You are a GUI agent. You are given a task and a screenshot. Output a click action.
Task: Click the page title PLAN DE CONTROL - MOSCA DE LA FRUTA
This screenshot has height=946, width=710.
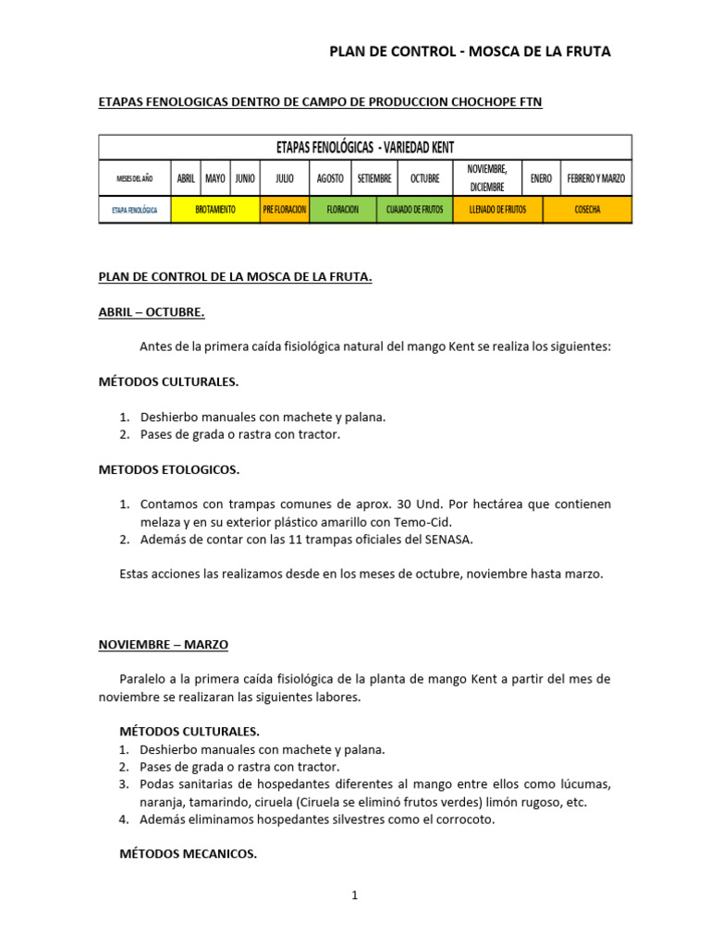pyautogui.click(x=470, y=52)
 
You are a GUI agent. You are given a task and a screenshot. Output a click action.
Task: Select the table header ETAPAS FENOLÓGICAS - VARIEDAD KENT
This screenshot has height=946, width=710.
pyautogui.click(x=364, y=147)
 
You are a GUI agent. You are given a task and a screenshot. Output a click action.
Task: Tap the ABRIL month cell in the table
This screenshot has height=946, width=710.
pyautogui.click(x=186, y=178)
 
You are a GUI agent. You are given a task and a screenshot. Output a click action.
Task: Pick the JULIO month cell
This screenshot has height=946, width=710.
pyautogui.click(x=284, y=178)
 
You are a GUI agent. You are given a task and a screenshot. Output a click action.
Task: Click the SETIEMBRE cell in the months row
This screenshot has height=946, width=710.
pyautogui.click(x=374, y=178)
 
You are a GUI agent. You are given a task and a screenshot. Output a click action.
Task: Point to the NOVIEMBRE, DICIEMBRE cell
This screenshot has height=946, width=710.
pyautogui.click(x=487, y=177)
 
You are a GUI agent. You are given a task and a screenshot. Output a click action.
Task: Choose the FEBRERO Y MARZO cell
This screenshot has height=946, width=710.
pyautogui.click(x=595, y=178)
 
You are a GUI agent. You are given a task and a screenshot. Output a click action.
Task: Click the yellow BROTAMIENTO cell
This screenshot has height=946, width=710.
pyautogui.click(x=215, y=210)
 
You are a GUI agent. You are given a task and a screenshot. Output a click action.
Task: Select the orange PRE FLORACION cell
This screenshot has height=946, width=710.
pyautogui.click(x=284, y=210)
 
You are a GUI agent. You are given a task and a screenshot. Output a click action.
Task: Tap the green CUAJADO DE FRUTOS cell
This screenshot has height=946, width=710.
pyautogui.click(x=414, y=210)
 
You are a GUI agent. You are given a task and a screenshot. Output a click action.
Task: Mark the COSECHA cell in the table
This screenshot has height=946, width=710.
pyautogui.click(x=587, y=210)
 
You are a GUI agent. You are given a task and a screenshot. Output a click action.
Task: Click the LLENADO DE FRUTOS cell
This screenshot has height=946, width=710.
pyautogui.click(x=497, y=210)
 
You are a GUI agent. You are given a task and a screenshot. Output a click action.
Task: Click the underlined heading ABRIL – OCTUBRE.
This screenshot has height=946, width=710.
pyautogui.click(x=152, y=312)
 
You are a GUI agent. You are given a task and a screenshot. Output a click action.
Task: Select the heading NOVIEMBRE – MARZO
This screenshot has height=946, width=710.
pyautogui.click(x=164, y=644)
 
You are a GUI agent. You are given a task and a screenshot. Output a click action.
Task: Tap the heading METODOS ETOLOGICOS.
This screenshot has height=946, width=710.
pyautogui.click(x=169, y=469)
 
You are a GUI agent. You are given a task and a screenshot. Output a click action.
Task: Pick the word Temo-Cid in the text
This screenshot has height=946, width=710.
pyautogui.click(x=421, y=521)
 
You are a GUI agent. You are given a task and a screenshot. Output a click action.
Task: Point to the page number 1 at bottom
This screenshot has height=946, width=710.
pyautogui.click(x=354, y=895)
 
